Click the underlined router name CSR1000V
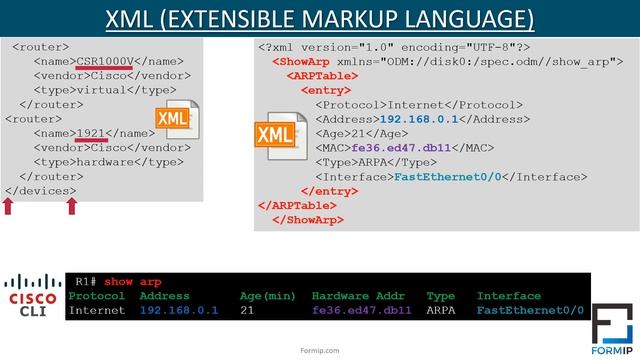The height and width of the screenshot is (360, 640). coord(104,61)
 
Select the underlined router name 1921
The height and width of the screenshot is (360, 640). coord(92,133)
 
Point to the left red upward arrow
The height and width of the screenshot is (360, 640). coord(9,206)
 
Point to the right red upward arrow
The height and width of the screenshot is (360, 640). coord(71,206)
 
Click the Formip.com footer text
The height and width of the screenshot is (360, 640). coord(320,350)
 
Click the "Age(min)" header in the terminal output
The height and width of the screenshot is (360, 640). coord(267,296)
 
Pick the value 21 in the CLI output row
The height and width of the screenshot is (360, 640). coord(248,311)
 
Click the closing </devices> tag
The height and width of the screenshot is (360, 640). coord(41,190)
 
